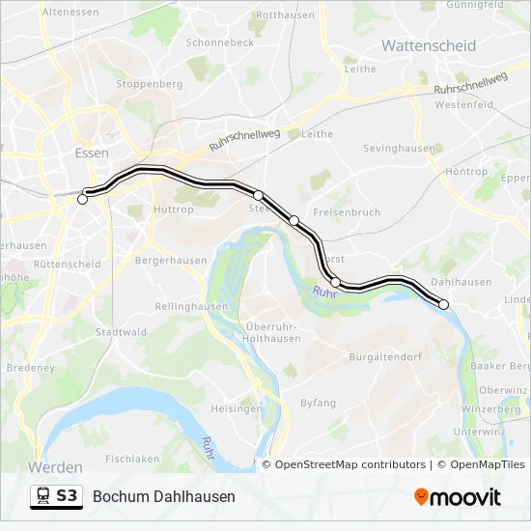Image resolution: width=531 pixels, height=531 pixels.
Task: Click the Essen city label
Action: (92, 153)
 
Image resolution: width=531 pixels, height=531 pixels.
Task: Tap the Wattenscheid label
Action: (429, 45)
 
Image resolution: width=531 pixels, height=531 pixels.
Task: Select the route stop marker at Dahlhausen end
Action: (444, 304)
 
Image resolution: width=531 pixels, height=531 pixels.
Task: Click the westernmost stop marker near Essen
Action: (82, 200)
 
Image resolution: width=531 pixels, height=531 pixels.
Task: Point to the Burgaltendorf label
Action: (387, 357)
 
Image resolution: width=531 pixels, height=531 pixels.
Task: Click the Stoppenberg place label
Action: (149, 84)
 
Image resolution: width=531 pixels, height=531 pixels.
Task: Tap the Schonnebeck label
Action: (219, 42)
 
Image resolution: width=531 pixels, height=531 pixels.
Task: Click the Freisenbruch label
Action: (348, 211)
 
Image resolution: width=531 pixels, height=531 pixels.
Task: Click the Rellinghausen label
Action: (193, 306)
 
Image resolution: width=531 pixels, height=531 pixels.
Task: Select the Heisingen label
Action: (236, 408)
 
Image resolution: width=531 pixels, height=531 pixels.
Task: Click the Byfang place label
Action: (318, 402)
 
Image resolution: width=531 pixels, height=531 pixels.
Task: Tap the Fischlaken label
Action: (131, 459)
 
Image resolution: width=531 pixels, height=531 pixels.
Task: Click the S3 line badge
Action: (67, 496)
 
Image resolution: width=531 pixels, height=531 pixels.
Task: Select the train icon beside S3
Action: (43, 496)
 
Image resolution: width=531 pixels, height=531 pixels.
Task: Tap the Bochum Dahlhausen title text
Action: (164, 496)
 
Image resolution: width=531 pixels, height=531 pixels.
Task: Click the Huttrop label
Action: (173, 209)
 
